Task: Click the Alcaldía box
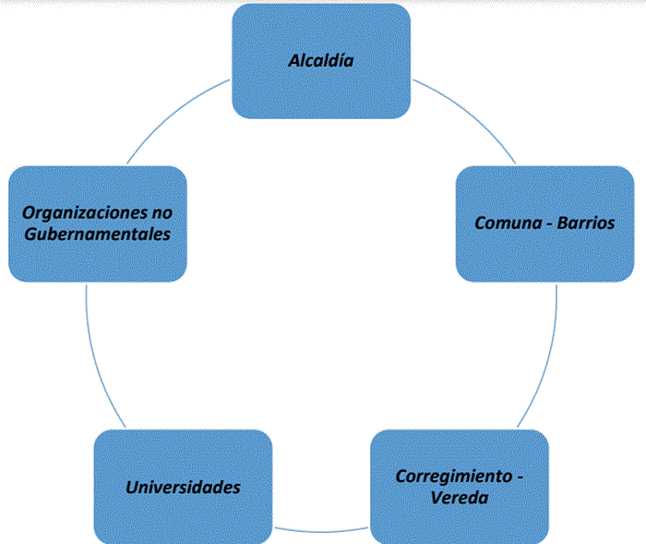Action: coord(321,61)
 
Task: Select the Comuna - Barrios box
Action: coord(544,223)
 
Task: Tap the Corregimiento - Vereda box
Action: coord(459,487)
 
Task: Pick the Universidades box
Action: coord(183,487)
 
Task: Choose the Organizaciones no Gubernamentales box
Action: coord(97,223)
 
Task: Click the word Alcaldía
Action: coord(321,61)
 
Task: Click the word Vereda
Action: coord(459,499)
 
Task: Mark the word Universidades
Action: coord(183,487)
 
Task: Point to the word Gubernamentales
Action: coord(97,234)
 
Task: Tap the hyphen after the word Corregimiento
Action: coord(519,478)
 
